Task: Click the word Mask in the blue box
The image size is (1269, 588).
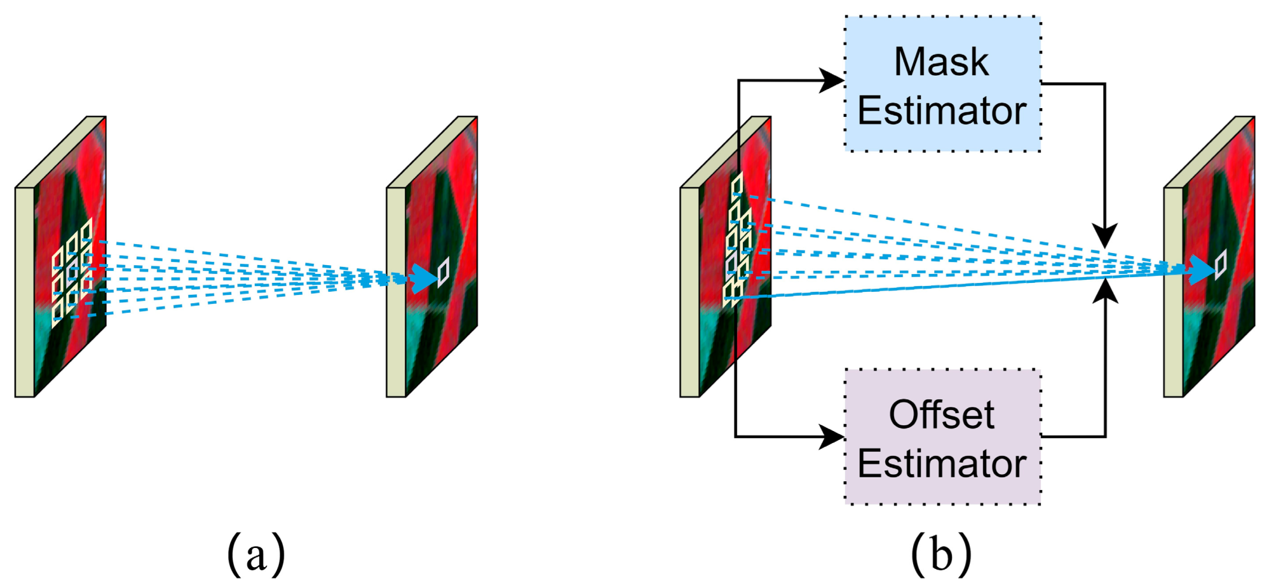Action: tap(941, 62)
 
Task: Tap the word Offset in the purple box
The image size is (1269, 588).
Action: tap(941, 415)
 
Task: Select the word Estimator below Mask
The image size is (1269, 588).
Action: tap(942, 111)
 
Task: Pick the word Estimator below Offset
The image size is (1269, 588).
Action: tap(942, 463)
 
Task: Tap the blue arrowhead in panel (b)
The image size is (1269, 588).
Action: tap(1201, 270)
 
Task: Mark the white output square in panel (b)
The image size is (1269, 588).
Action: tap(1221, 264)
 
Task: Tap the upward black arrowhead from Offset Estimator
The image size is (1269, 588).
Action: tap(1106, 291)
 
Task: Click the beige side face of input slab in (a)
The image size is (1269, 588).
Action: tap(25, 292)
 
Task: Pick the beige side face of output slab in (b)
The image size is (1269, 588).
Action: tap(1174, 292)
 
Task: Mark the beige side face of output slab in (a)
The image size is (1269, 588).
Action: tap(396, 292)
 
